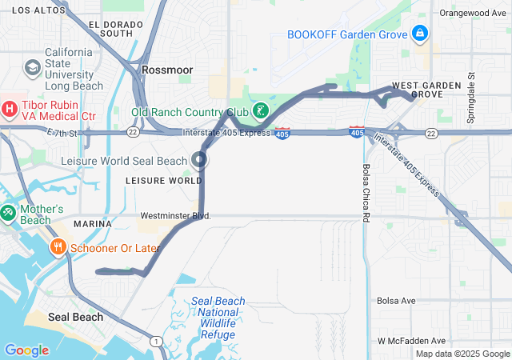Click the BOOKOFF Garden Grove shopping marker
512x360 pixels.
pos(419,34)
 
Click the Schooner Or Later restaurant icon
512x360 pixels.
pos(58,248)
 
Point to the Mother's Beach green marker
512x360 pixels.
pos(8,214)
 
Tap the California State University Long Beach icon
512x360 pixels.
pos(33,68)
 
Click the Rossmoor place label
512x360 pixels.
pos(167,70)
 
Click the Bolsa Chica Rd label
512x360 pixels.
pos(366,194)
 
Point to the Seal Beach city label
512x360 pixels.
pos(75,317)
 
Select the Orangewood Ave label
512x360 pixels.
pos(474,13)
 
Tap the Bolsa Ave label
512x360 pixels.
pos(397,301)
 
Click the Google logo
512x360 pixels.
pos(26,350)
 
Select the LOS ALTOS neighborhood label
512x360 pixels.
pos(37,10)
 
